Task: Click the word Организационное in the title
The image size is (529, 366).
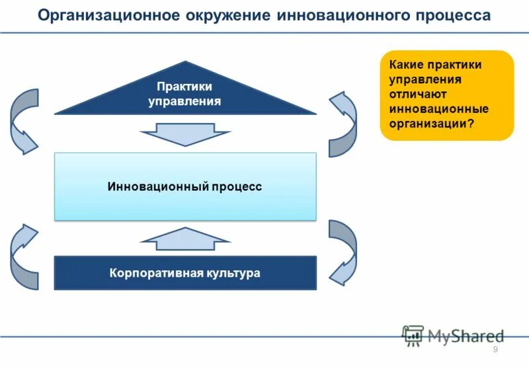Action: tap(105, 15)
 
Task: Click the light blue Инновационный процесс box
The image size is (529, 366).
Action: tap(185, 187)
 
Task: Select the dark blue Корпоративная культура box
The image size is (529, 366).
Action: tap(185, 272)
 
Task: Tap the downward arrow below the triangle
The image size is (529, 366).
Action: tap(186, 136)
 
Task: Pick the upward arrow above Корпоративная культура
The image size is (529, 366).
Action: tap(186, 239)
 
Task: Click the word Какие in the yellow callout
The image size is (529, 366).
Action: tap(405, 65)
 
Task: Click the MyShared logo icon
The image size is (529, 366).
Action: tap(413, 336)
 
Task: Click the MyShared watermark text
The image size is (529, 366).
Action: tap(466, 336)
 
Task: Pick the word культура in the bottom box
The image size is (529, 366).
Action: tap(232, 272)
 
